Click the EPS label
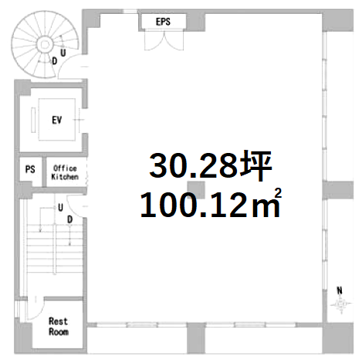click(163, 22)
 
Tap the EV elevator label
click(57, 120)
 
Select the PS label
click(30, 169)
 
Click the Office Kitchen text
click(65, 172)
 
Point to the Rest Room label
click(59, 326)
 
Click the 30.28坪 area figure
click(211, 166)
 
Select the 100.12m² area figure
click(211, 204)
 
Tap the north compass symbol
click(341, 304)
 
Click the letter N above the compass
click(340, 290)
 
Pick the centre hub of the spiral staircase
click(45, 45)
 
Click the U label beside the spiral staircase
click(63, 53)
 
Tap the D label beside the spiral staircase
click(55, 61)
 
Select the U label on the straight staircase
click(60, 208)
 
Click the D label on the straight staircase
click(69, 219)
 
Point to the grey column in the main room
click(196, 190)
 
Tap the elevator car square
click(57, 120)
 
